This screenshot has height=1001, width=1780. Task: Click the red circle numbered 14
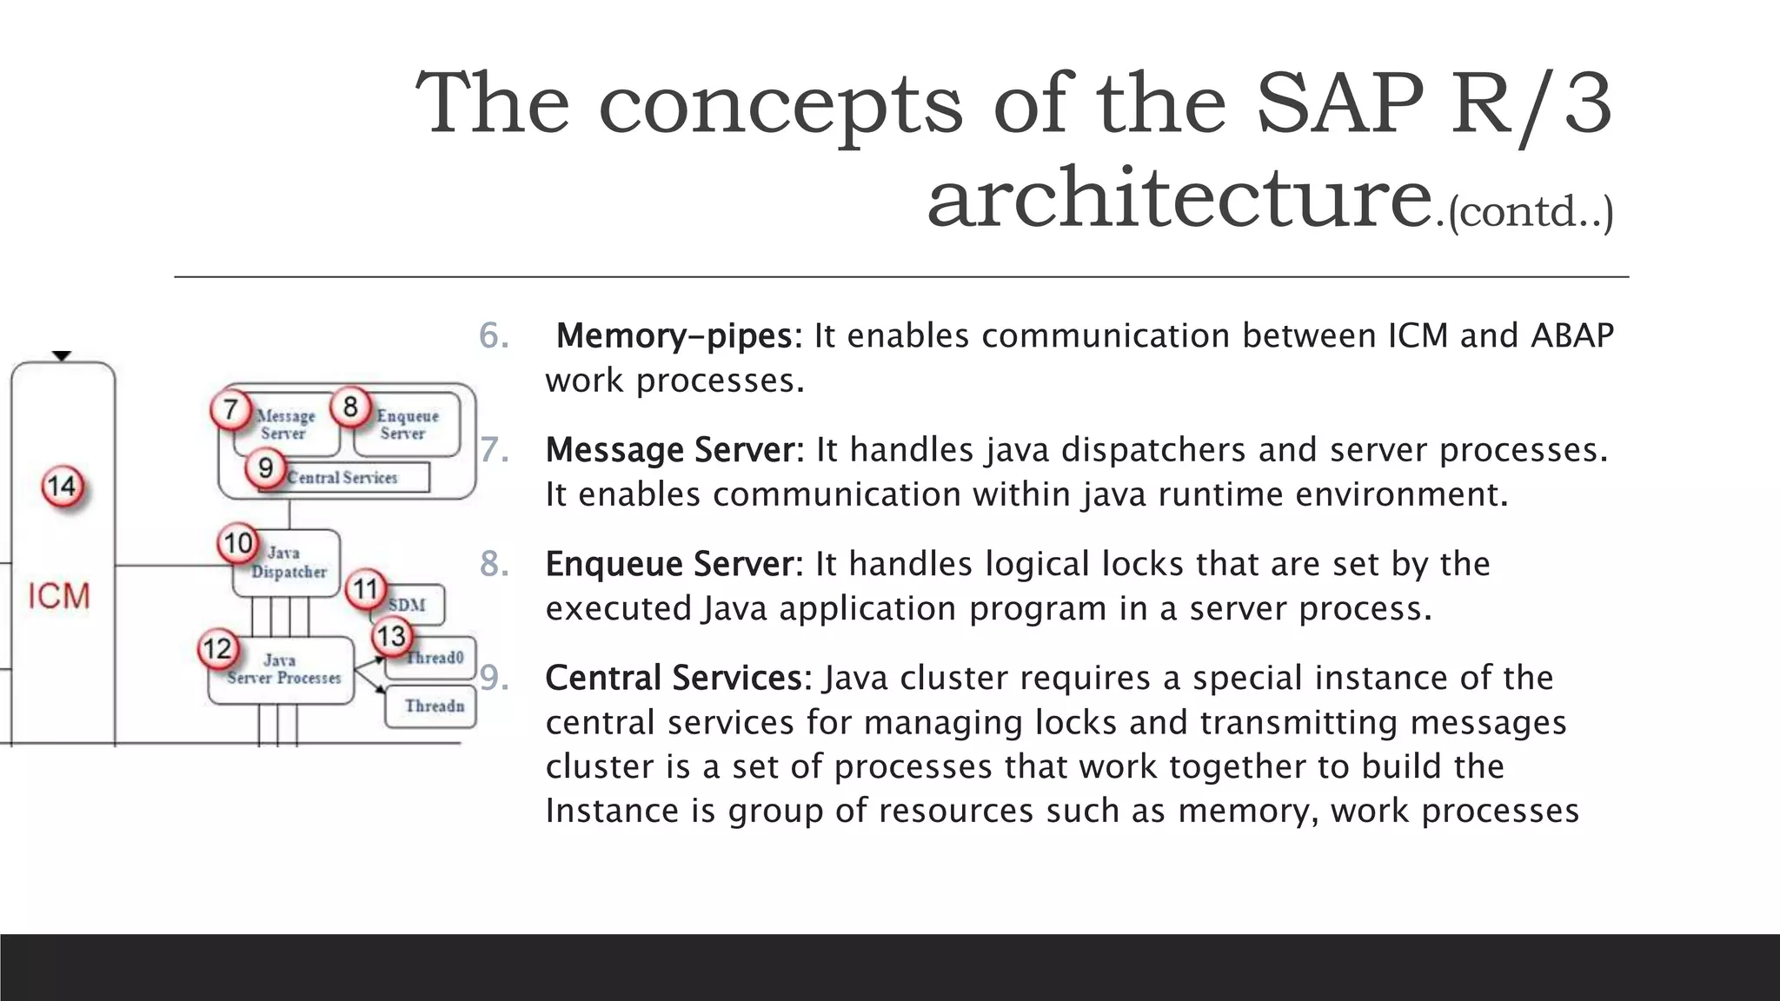point(62,486)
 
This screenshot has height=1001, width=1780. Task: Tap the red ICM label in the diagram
point(59,596)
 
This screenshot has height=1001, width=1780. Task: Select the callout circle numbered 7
point(230,409)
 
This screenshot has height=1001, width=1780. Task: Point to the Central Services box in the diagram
point(343,478)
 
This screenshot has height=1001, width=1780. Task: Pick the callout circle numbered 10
point(237,544)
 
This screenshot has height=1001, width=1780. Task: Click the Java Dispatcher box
point(287,563)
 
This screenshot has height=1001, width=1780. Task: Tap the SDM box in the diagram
point(408,605)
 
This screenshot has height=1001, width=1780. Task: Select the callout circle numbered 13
point(391,636)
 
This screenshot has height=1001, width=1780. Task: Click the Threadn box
point(432,706)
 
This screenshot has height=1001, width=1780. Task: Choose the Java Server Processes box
point(282,671)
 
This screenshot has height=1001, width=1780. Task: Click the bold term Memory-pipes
point(674,336)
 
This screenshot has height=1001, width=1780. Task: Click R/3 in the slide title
point(1531,104)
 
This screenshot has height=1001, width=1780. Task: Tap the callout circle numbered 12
point(216,649)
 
